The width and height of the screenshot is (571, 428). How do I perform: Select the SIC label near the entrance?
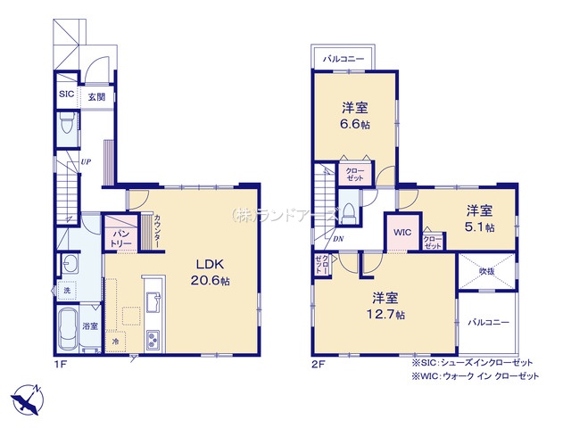(x=67, y=93)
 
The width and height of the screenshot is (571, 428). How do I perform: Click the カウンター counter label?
(x=158, y=233)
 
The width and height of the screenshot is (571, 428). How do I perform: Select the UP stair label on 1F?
(x=87, y=161)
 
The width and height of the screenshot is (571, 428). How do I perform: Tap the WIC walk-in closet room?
(x=401, y=233)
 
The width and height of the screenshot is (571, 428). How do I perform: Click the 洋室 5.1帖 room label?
(x=479, y=218)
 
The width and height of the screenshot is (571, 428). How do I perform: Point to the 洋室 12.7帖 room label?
(x=386, y=306)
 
